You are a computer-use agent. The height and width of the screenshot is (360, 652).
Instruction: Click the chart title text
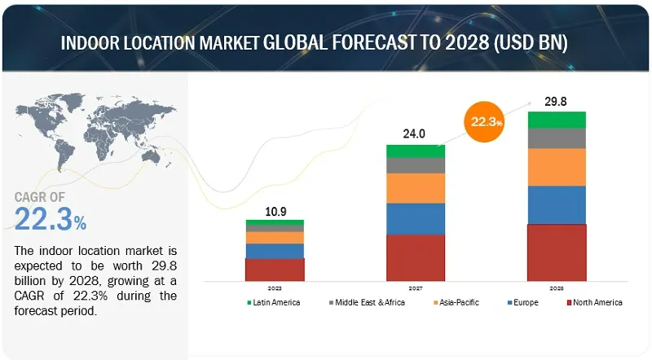[x=325, y=43]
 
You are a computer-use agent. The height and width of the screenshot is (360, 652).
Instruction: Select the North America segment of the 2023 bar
[x=275, y=270]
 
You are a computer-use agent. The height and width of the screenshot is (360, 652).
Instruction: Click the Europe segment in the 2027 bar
[x=415, y=218]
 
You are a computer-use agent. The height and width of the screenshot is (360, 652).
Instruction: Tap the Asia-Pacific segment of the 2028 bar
[x=557, y=167]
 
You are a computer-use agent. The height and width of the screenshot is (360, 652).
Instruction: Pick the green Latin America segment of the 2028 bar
[x=557, y=120]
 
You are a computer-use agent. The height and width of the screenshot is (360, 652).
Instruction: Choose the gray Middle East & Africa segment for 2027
[x=415, y=165]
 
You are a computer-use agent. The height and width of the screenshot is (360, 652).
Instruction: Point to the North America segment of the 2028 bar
[x=557, y=252]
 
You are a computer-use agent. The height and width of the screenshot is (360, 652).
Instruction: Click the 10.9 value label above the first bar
[x=275, y=210]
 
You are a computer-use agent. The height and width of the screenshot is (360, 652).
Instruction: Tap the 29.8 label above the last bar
[x=557, y=102]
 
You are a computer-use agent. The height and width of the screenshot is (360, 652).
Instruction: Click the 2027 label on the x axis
[x=415, y=287]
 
